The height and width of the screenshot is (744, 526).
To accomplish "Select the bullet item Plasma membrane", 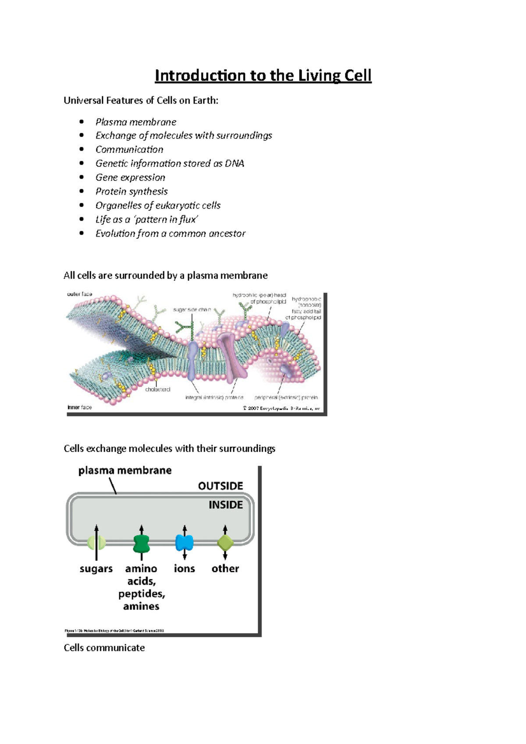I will [136, 122].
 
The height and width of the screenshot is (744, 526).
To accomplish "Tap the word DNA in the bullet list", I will [235, 163].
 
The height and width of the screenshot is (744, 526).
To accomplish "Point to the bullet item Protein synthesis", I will [131, 191].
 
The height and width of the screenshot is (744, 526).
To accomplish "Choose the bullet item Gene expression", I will [130, 177].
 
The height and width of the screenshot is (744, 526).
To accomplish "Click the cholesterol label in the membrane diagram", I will [157, 389].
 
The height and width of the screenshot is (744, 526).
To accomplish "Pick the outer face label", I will [79, 294].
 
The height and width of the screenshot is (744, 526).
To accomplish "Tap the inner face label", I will [79, 407].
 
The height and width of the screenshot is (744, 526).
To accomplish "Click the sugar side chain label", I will [192, 309].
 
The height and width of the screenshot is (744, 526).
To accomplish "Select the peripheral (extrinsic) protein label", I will [286, 397].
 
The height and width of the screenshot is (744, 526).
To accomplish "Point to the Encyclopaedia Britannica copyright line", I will [281, 408].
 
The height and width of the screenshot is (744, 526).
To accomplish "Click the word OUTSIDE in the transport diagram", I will [220, 486].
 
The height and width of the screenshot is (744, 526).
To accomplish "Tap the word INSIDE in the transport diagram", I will [225, 505].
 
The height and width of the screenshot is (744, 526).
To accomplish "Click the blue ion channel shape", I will [185, 542].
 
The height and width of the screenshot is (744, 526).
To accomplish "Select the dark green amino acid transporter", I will [141, 543].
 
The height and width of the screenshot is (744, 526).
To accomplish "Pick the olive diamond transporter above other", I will [225, 543].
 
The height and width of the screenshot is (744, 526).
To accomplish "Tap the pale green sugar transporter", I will [96, 543].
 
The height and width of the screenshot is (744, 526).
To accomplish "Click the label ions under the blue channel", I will [184, 568].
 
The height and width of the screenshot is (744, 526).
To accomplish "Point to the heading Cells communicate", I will [104, 648].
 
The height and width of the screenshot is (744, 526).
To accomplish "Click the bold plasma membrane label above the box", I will [125, 471].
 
